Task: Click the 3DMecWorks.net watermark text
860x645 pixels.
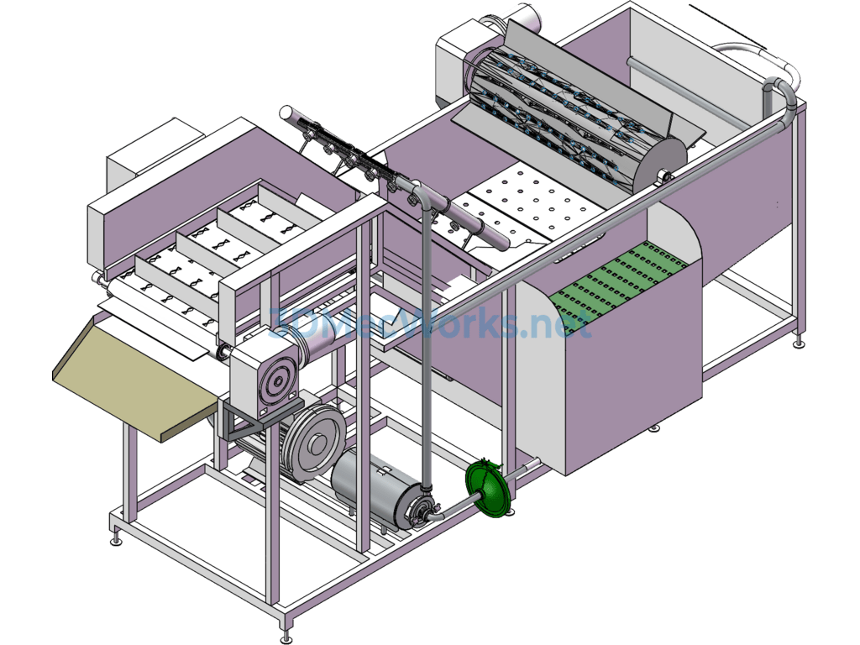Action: click(x=430, y=323)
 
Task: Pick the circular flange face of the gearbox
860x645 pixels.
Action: click(x=277, y=380)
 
